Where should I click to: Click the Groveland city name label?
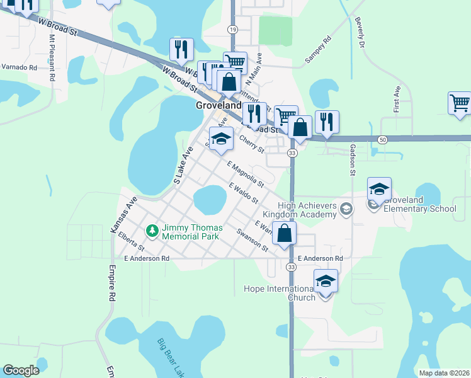click(x=218, y=106)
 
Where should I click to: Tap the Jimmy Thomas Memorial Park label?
click(x=190, y=232)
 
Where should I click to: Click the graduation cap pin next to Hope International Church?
click(x=326, y=282)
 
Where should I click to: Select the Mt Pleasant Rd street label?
click(x=52, y=53)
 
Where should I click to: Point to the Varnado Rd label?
click(x=20, y=67)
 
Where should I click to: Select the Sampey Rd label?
click(x=318, y=51)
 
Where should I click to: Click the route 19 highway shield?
click(x=233, y=30)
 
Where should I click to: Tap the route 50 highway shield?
click(x=382, y=139)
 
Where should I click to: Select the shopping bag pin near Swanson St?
click(x=285, y=232)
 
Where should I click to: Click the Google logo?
click(x=21, y=370)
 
